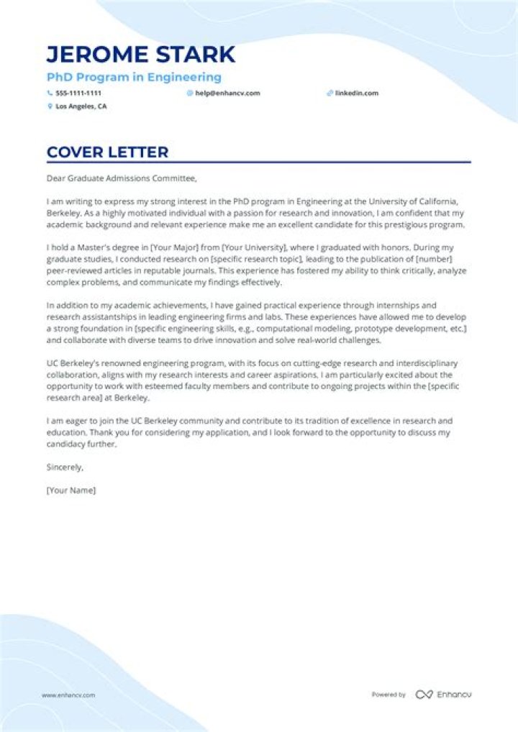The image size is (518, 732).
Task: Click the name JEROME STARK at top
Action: (140, 55)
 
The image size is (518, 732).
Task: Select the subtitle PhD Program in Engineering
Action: (134, 77)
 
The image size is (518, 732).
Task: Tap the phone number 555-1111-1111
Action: (78, 93)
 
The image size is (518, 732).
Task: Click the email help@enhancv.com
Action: (227, 93)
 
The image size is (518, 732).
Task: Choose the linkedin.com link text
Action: (356, 93)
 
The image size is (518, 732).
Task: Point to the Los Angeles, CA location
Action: (81, 106)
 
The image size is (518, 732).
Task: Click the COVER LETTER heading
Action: (107, 152)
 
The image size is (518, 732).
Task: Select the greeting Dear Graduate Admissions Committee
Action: (121, 178)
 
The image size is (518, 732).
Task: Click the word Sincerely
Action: (65, 467)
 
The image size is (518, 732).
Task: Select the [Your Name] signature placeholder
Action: (71, 490)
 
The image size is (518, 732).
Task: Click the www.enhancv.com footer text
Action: (68, 695)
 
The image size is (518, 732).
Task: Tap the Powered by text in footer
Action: (388, 695)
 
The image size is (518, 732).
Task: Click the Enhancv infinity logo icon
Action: (424, 695)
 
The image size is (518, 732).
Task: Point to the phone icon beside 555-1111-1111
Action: (50, 93)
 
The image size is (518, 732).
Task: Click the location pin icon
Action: (50, 106)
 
